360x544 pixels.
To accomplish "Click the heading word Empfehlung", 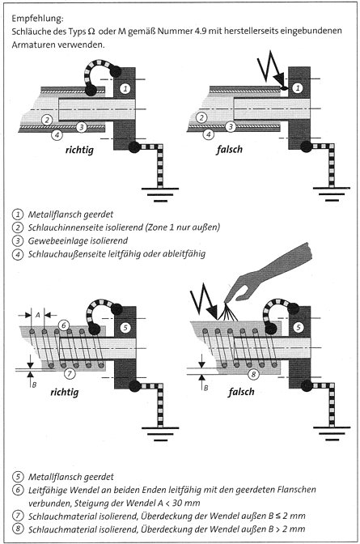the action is click(37, 18).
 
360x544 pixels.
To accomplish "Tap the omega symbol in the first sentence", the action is click(91, 32).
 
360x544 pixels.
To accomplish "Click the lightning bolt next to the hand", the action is click(203, 300).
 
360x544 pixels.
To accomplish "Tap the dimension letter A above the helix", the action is click(38, 315).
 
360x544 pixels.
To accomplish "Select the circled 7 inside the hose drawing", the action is click(70, 373).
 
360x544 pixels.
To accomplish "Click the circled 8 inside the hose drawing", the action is click(253, 374).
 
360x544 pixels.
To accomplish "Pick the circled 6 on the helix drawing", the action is click(63, 325).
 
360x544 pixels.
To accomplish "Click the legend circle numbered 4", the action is click(17, 254).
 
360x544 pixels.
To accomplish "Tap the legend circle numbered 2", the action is click(17, 227).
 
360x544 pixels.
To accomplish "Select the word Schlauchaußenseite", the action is click(67, 254).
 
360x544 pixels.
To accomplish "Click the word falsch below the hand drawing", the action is click(241, 392).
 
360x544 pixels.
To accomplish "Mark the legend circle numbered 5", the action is click(17, 477).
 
